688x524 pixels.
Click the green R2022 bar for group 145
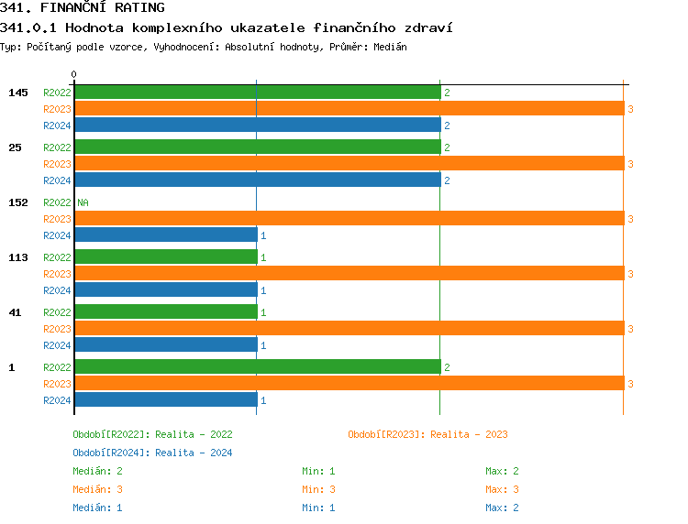(x=257, y=93)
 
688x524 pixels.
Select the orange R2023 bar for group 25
(x=349, y=164)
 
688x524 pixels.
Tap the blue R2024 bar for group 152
(x=165, y=235)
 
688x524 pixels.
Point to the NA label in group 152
(x=83, y=202)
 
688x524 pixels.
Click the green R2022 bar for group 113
(x=165, y=257)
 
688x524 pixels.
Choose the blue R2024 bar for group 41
(x=165, y=345)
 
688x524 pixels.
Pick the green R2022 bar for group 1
(x=257, y=367)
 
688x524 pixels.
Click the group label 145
(x=17, y=93)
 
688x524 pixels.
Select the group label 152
(x=17, y=202)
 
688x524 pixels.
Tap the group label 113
(x=17, y=257)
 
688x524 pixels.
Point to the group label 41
(x=15, y=312)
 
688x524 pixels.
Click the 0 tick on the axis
(x=73, y=75)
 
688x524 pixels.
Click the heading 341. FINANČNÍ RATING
(x=83, y=8)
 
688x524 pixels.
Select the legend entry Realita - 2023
(x=427, y=434)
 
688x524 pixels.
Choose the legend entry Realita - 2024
(x=152, y=453)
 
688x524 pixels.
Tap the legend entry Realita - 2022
(x=152, y=434)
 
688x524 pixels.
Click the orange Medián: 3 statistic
(x=98, y=489)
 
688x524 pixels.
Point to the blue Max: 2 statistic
(x=503, y=508)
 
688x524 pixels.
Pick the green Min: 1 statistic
(x=318, y=471)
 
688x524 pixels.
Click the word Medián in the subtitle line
(x=390, y=47)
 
